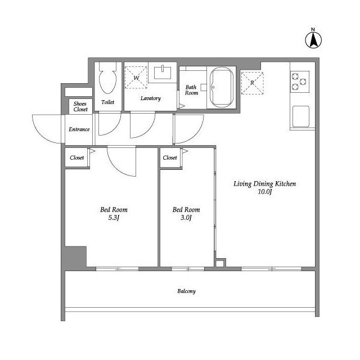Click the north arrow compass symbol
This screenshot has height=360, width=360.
point(313,40)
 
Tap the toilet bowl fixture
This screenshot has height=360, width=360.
point(107,78)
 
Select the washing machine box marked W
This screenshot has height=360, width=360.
point(136,78)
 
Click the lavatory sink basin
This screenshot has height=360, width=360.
point(163,73)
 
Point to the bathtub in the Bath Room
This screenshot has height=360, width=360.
point(222,88)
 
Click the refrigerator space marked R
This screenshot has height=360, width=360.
point(252,83)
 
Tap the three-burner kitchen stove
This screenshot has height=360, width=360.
point(300,82)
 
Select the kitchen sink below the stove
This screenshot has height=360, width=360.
point(301,116)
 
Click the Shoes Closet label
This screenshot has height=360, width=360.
point(80,106)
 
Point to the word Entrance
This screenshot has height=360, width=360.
point(79,129)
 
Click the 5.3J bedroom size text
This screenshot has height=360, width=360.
point(114,218)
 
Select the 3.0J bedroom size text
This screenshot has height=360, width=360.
point(186,218)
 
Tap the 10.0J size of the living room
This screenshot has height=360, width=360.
point(265,192)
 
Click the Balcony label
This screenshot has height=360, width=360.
point(186,291)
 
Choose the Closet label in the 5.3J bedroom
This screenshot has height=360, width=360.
point(77,157)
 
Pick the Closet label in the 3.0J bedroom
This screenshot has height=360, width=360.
point(170,157)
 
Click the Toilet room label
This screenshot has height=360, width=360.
point(107,102)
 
